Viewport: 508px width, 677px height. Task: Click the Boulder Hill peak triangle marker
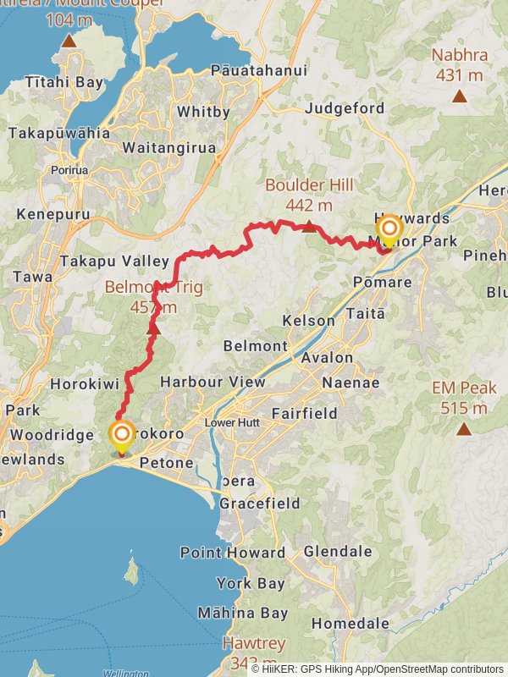click(309, 226)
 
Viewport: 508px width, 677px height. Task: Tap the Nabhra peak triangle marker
click(459, 96)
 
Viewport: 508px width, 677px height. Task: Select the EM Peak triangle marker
click(463, 429)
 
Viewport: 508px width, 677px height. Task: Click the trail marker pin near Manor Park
click(389, 229)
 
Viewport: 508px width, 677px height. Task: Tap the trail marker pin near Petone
click(122, 437)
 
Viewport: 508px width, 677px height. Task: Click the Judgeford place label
click(344, 108)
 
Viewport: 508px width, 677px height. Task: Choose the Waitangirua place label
click(168, 147)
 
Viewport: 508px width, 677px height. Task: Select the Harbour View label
click(212, 382)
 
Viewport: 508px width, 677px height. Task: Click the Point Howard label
click(232, 553)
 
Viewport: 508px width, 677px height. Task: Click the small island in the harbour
click(131, 571)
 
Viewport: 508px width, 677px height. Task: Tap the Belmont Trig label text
click(153, 287)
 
